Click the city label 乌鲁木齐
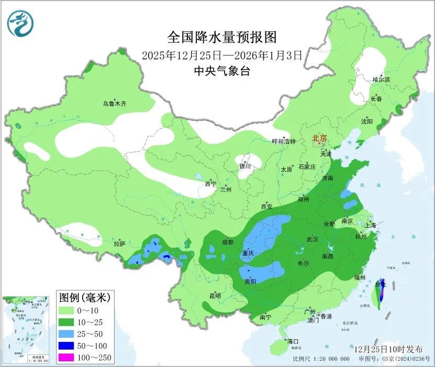114,104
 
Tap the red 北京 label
319,139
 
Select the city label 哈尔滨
381,79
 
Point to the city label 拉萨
120,243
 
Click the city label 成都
228,242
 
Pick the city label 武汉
313,239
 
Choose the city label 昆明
215,296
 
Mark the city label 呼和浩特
284,142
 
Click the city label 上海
371,225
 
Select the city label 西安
267,207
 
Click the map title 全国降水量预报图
222,37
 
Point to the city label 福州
359,278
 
